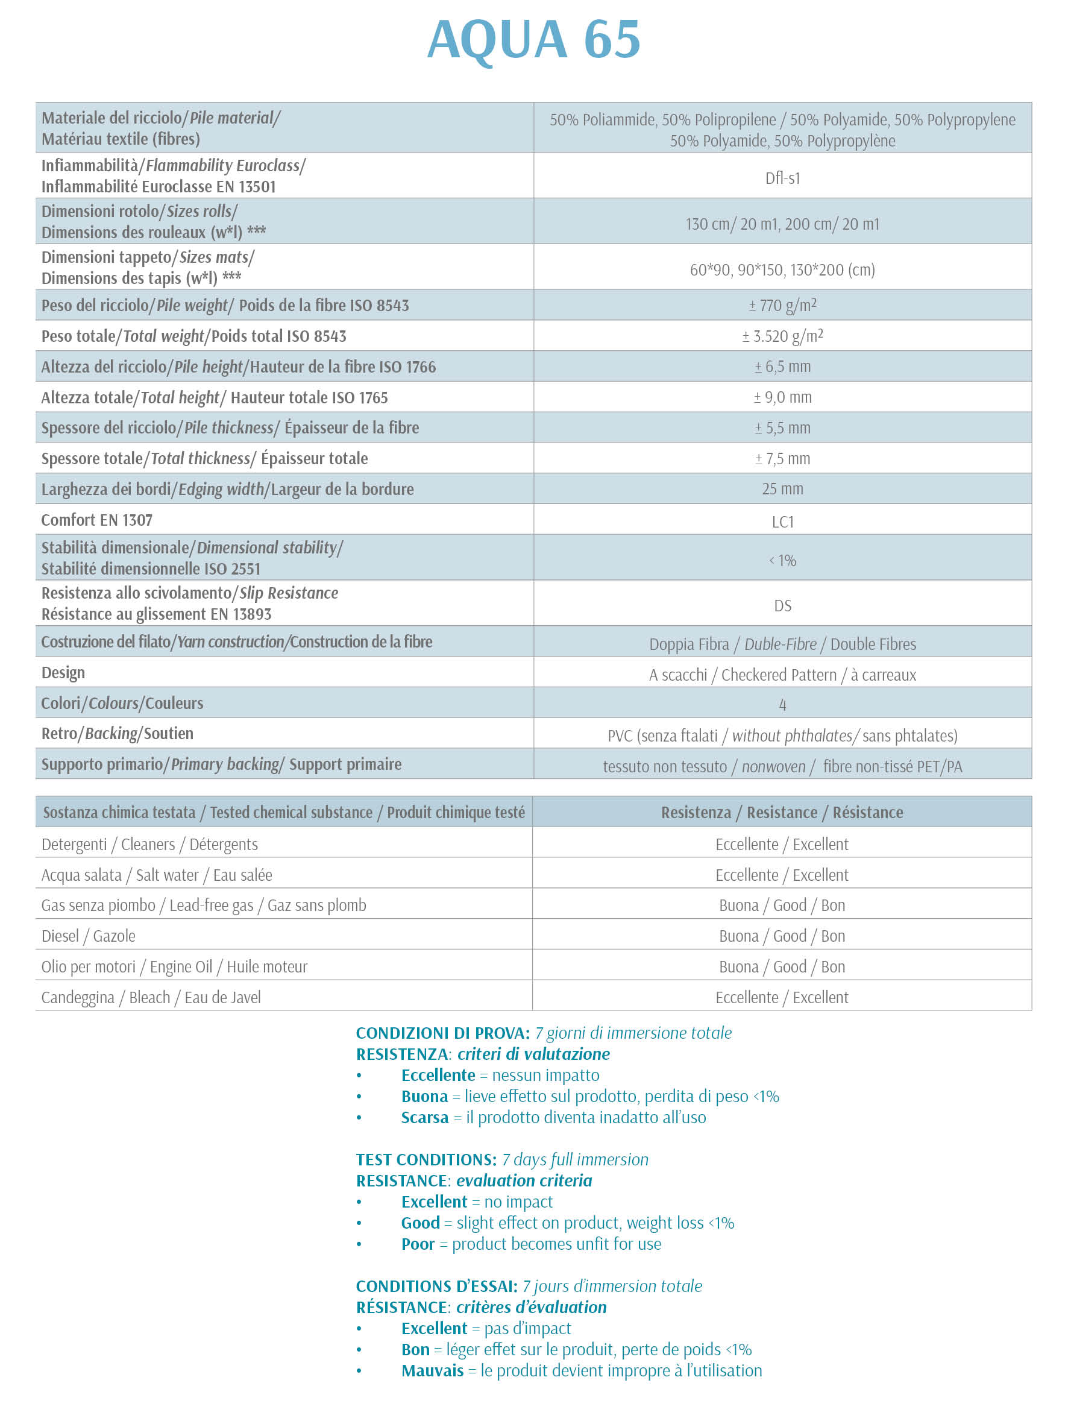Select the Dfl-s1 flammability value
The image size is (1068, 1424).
782,178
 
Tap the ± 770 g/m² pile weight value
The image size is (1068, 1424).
782,305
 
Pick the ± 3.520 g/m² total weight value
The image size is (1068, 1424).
782,336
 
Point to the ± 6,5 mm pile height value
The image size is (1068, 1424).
782,367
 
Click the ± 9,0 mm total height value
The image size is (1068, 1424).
782,397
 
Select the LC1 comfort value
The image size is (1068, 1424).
782,522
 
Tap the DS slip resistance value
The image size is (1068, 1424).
782,606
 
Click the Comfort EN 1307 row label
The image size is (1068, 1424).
96,520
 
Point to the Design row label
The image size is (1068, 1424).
63,673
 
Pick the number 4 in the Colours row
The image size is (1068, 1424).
782,705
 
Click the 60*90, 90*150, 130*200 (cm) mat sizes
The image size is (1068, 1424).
782,269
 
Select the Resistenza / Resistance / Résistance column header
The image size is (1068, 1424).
782,813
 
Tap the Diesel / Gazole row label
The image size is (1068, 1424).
88,936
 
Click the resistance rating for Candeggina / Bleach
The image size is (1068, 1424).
782,997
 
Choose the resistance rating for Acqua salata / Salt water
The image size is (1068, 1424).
782,875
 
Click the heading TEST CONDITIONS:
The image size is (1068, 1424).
426,1159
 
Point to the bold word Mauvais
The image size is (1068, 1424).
432,1370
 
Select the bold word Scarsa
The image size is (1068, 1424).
424,1118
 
